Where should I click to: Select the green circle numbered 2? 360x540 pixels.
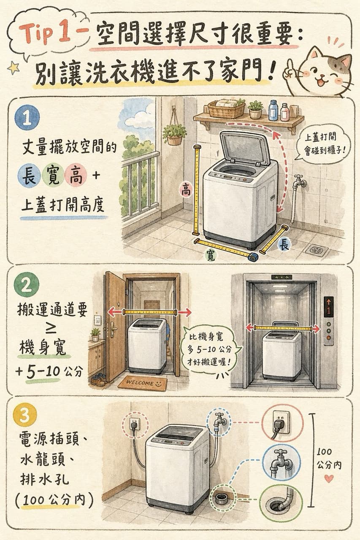pos(27,287)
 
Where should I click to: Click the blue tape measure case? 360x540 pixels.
pos(253,256)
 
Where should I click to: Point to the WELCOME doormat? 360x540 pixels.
pos(143,383)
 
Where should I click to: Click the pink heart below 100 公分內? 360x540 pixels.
pos(329,478)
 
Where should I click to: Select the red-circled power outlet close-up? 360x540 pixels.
pos(282,423)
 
